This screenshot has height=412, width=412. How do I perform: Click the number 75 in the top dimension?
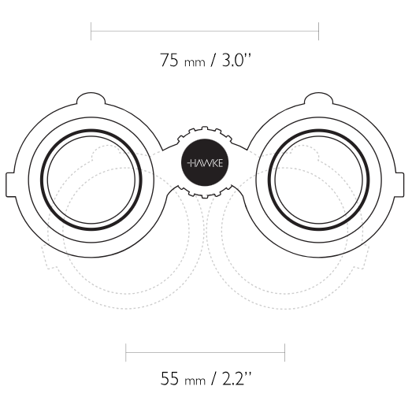point(169,60)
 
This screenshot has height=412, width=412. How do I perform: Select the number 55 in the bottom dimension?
point(169,378)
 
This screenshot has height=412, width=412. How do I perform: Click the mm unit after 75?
point(195,63)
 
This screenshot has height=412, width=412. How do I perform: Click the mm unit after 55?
point(195,381)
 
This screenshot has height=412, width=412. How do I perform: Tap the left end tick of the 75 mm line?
point(91,32)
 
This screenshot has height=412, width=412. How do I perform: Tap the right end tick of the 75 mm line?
point(319,32)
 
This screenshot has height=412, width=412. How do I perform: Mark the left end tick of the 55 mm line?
point(126,352)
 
